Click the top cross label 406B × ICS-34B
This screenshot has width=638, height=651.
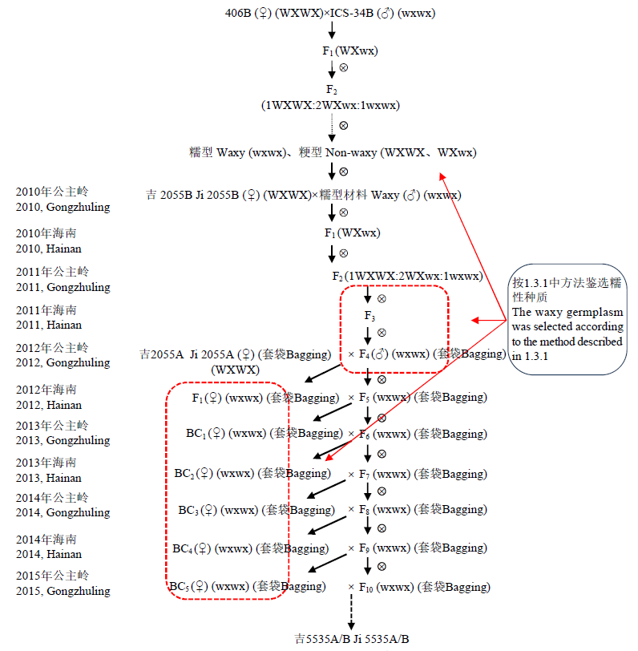point(330,13)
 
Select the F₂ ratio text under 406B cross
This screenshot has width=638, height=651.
point(330,105)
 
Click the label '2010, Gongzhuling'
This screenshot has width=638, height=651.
point(63,207)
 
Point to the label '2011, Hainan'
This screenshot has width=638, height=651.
point(48,325)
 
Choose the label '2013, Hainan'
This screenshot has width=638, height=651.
point(48,478)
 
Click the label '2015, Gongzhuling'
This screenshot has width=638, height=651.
point(63,591)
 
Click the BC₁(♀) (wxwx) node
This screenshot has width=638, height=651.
point(264,434)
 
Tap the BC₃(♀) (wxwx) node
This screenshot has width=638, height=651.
point(256,510)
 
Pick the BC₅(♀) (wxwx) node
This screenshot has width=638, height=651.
point(248,586)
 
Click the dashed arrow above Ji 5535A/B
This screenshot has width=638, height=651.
point(350,614)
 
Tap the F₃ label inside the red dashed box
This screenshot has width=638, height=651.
point(369,315)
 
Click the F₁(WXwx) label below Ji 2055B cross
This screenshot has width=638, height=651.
point(352,233)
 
